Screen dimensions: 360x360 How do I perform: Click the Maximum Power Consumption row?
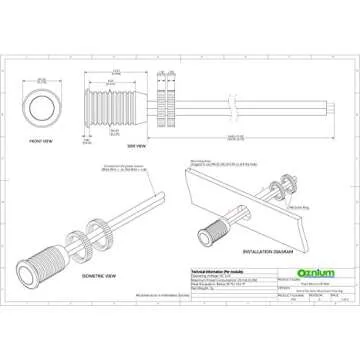pyautogui.click(x=190, y=279)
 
